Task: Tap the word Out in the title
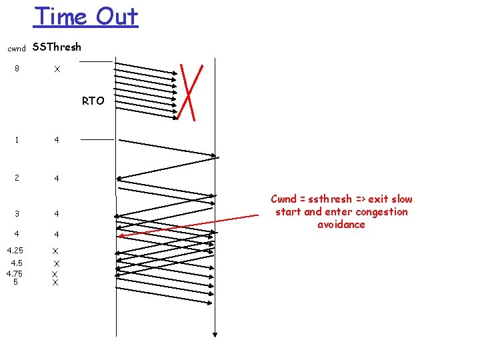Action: pyautogui.click(x=116, y=16)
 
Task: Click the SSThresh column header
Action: pyautogui.click(x=57, y=47)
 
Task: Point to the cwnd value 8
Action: pyautogui.click(x=17, y=69)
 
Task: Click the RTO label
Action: pyautogui.click(x=93, y=101)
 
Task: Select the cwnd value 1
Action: pyautogui.click(x=17, y=140)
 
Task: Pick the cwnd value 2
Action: pyautogui.click(x=17, y=178)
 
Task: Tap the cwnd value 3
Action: pyautogui.click(x=17, y=214)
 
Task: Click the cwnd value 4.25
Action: pyautogui.click(x=15, y=251)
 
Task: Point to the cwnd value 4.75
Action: pyautogui.click(x=15, y=273)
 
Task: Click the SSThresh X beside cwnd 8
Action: pyautogui.click(x=57, y=69)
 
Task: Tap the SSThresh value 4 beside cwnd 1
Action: pyautogui.click(x=57, y=140)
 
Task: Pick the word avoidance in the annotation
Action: pyautogui.click(x=341, y=225)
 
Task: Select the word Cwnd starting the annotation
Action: pyautogui.click(x=284, y=199)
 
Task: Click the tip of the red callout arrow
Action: pyautogui.click(x=119, y=236)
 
